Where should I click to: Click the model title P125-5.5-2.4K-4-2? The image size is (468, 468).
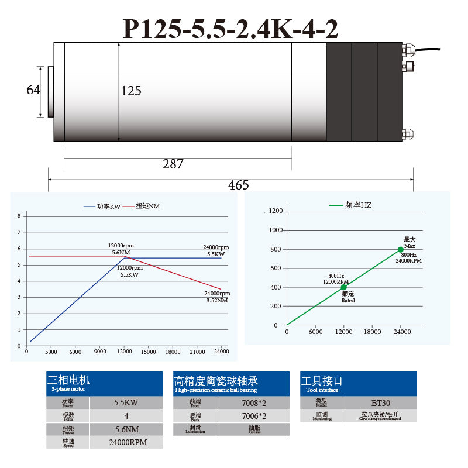(x=230, y=28)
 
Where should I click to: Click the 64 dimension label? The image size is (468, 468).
(x=33, y=90)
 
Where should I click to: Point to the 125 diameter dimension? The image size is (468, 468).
(x=131, y=91)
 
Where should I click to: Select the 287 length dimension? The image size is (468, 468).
(x=173, y=164)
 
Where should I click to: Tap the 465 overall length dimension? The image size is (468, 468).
(x=239, y=185)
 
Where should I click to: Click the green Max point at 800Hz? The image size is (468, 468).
(x=401, y=250)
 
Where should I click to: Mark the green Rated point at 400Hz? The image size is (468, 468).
(x=344, y=287)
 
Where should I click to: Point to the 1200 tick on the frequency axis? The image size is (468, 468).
(x=276, y=211)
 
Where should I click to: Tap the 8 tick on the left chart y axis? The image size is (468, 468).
(x=19, y=216)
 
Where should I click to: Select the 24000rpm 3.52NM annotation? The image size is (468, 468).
(x=217, y=297)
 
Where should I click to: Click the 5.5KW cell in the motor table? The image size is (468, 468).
(x=126, y=402)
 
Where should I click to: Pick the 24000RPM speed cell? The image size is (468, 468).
(x=126, y=442)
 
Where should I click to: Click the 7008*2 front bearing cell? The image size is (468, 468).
(x=253, y=402)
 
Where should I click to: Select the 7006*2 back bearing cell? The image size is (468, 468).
(x=253, y=416)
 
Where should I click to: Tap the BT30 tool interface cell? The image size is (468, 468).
(x=380, y=402)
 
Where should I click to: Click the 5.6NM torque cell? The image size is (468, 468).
(x=126, y=429)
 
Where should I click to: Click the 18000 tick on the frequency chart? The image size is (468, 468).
(x=372, y=332)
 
